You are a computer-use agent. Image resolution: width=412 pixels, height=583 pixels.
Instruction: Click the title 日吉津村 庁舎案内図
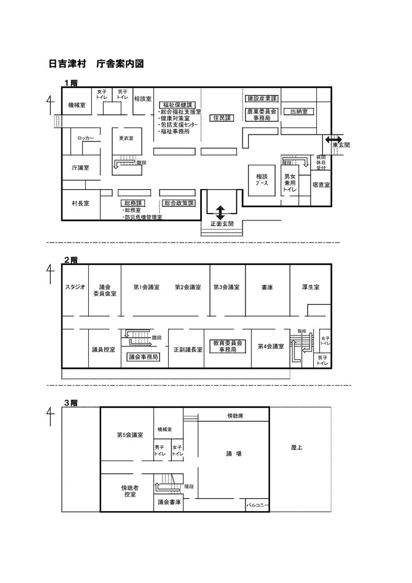point(96,63)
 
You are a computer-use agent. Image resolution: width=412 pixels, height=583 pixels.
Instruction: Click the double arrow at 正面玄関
point(221,212)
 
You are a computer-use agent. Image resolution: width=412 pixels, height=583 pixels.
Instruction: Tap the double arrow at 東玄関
point(334,139)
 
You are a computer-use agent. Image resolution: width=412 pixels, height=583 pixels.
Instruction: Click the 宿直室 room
point(320,185)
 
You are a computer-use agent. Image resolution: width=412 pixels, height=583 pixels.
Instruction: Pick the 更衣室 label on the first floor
point(126,139)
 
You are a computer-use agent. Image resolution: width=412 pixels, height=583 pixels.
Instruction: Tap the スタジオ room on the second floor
point(75,287)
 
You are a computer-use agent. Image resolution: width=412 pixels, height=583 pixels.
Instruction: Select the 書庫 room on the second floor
point(267,287)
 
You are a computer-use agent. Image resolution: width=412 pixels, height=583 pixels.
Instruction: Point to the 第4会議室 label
point(270,346)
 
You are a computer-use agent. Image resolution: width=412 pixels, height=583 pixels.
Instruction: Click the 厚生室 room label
point(310,287)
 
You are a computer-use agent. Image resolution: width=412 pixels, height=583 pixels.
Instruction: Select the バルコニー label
point(257,505)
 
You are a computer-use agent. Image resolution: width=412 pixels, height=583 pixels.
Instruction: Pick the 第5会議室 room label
point(130,434)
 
